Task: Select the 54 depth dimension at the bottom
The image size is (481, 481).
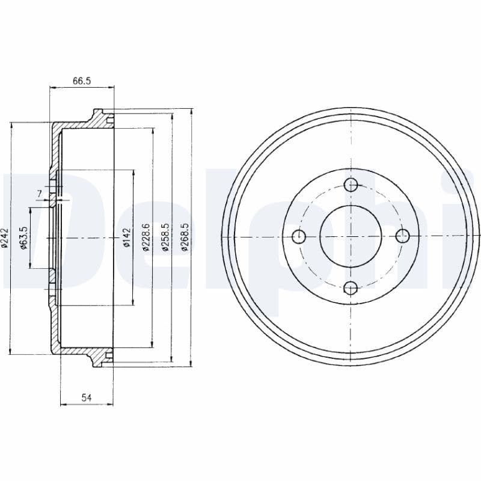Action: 86,397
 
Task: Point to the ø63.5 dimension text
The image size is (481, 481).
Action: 24,238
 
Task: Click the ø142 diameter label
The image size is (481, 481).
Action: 126,238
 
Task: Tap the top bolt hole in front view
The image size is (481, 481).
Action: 352,185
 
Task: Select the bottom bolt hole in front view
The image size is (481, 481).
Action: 352,287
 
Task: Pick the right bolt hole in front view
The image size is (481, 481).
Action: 403,236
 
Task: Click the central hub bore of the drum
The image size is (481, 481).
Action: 351,236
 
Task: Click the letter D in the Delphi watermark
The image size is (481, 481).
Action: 36,240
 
